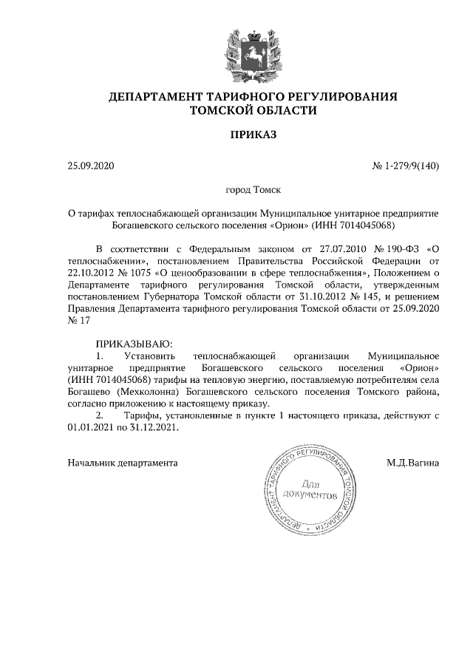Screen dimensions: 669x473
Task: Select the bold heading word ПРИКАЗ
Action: click(x=253, y=135)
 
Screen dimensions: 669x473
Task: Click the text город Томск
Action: click(x=252, y=190)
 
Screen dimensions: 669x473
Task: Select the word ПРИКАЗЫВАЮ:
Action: click(x=133, y=344)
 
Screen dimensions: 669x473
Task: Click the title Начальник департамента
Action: click(x=123, y=463)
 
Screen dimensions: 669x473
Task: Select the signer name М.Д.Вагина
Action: click(x=412, y=463)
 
